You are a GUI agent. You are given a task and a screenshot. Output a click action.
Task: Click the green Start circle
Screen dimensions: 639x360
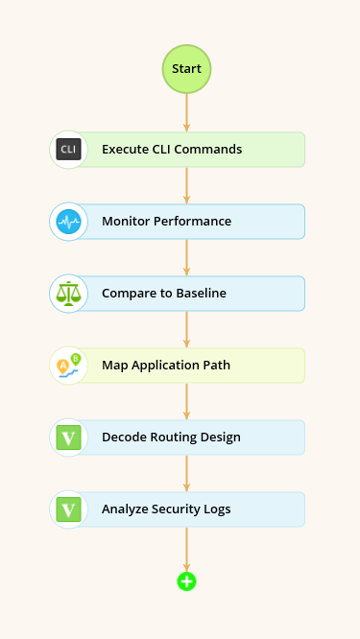[x=186, y=69]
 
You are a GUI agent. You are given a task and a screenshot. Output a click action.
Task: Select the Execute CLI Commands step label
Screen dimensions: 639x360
[x=171, y=150]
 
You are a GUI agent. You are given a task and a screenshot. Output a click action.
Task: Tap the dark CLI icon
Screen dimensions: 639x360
[x=68, y=150]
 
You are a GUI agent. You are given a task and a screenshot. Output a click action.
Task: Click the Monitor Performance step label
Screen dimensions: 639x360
[x=166, y=222]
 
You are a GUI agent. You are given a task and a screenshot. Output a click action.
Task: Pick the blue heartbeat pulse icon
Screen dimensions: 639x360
[x=68, y=222]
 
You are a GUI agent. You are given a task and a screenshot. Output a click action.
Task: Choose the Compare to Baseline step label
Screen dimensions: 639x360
[x=163, y=294]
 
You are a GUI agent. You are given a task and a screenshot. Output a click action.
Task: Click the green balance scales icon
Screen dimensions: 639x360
[x=68, y=294]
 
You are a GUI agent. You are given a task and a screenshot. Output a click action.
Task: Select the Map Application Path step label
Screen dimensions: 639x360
[x=165, y=366]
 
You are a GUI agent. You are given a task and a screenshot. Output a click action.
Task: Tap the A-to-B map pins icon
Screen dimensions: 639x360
[x=68, y=366]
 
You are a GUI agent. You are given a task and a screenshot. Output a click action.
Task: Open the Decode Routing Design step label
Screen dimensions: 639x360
[x=171, y=438]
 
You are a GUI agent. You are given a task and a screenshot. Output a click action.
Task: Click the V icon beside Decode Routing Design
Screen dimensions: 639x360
[x=68, y=438]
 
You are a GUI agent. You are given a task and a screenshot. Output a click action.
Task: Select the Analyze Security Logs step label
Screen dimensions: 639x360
[x=165, y=509]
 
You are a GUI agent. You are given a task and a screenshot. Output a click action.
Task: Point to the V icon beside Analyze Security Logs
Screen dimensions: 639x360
[x=68, y=509]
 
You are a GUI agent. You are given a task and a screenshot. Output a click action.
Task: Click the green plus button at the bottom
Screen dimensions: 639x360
[x=186, y=580]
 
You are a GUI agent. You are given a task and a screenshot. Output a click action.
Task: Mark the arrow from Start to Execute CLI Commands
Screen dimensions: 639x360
[x=186, y=113]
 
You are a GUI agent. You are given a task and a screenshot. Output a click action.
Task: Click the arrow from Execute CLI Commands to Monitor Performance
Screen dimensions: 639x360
[x=186, y=185]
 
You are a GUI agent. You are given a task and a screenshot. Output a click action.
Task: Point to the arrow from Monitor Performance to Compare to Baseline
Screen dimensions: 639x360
[x=186, y=257]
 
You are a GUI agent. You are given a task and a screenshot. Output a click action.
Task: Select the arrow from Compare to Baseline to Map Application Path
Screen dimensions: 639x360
[x=186, y=329]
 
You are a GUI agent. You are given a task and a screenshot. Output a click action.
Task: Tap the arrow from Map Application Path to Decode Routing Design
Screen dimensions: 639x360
[x=186, y=401]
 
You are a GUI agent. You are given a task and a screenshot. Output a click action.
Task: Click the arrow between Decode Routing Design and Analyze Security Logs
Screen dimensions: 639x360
[x=186, y=473]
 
